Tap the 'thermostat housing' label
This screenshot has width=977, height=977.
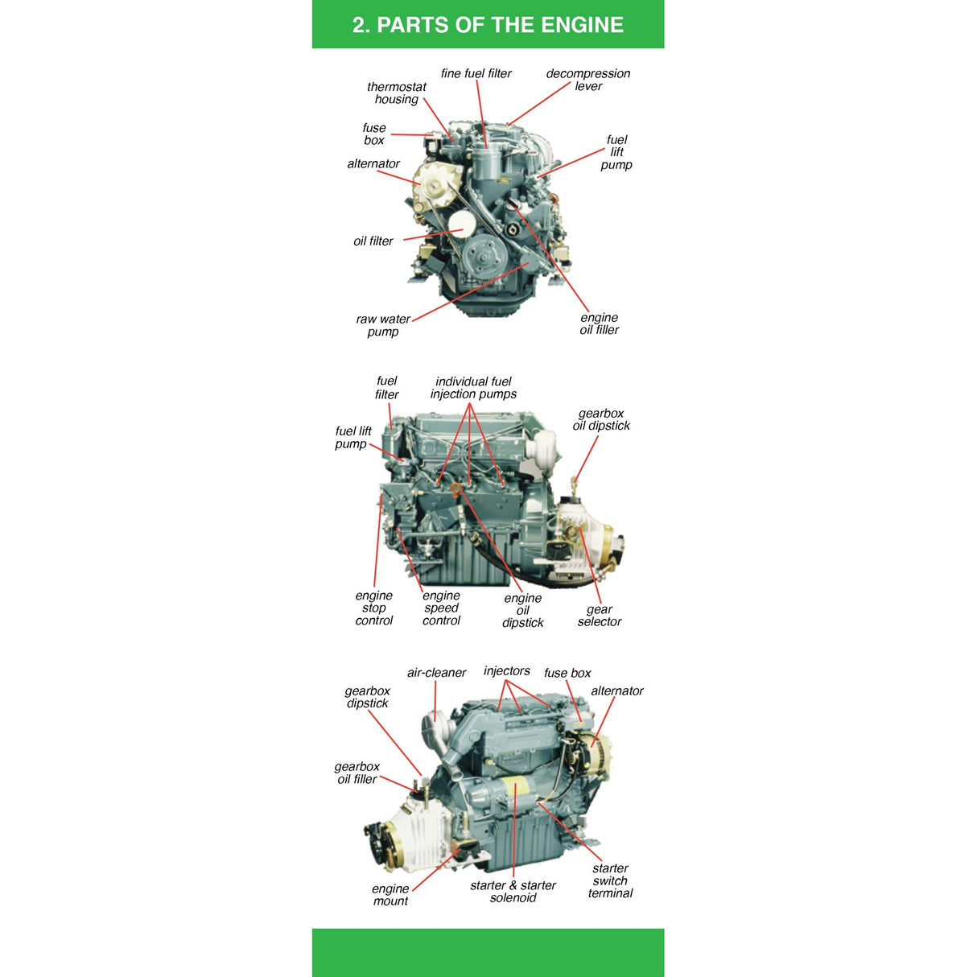pyautogui.click(x=396, y=93)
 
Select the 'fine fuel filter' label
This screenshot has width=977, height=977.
pyautogui.click(x=476, y=73)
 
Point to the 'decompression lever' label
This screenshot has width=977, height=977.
pyautogui.click(x=588, y=80)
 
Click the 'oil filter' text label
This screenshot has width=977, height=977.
pyautogui.click(x=373, y=241)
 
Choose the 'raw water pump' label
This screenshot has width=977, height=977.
pyautogui.click(x=383, y=325)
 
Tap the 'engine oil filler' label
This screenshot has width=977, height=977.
pyautogui.click(x=600, y=324)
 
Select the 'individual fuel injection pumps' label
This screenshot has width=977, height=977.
pyautogui.click(x=473, y=388)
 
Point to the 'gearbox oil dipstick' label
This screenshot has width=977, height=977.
pyautogui.click(x=601, y=419)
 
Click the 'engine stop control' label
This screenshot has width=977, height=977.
pyautogui.click(x=374, y=608)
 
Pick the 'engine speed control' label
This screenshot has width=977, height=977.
pyautogui.click(x=441, y=608)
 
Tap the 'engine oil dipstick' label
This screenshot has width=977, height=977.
pyautogui.click(x=523, y=610)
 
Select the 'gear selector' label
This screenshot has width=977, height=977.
pyautogui.click(x=600, y=616)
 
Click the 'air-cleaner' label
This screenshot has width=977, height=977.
pyautogui.click(x=436, y=673)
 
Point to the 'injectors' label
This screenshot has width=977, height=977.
pyautogui.click(x=507, y=671)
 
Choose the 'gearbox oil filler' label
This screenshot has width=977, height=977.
pyautogui.click(x=357, y=773)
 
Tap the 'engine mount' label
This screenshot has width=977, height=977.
pyautogui.click(x=390, y=895)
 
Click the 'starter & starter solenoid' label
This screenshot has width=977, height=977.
pyautogui.click(x=513, y=892)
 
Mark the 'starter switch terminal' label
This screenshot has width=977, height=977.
pyautogui.click(x=610, y=880)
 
